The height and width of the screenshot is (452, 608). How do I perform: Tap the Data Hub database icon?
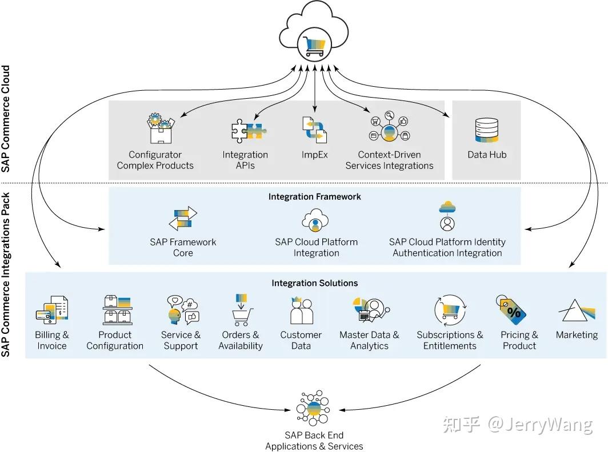(x=486, y=130)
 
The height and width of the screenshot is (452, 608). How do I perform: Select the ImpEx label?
(x=314, y=155)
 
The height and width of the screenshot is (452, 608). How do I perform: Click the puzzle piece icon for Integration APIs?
(x=247, y=131)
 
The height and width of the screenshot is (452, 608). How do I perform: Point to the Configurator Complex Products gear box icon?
(x=160, y=130)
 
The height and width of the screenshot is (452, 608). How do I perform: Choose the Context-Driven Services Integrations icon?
(x=389, y=128)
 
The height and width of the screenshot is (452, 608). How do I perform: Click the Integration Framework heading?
(x=315, y=196)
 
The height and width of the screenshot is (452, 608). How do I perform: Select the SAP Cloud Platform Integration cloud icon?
(x=315, y=220)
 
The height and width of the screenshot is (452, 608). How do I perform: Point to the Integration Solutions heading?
(x=315, y=283)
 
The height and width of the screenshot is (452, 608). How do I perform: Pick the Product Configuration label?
(x=115, y=340)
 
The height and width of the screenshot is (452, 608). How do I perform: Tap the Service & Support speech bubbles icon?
(x=181, y=310)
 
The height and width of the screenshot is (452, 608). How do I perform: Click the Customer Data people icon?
(x=301, y=311)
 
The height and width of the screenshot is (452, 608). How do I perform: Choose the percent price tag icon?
(x=511, y=310)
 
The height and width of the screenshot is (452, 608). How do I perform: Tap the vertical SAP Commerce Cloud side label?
(x=6, y=119)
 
